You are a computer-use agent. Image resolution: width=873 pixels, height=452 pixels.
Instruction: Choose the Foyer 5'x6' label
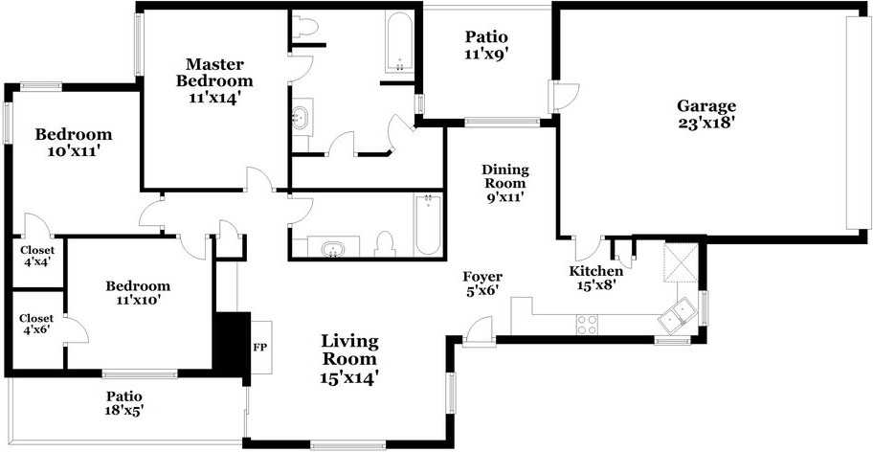[x=482, y=283]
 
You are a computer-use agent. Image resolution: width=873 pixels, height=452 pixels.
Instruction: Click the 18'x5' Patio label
[x=124, y=402]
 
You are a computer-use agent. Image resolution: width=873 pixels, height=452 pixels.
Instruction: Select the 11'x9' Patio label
[x=485, y=45]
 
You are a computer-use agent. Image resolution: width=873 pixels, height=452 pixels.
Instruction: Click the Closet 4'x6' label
[x=36, y=324]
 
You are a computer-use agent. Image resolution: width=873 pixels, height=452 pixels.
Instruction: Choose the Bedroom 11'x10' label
[x=138, y=293]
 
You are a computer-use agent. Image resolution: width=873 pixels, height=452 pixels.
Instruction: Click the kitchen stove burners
[x=586, y=326]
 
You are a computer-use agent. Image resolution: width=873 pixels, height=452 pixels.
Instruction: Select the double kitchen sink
[x=682, y=311]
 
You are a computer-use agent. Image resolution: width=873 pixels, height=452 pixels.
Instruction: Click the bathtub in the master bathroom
[x=399, y=43]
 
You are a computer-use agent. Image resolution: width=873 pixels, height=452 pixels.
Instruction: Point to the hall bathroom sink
[x=333, y=250]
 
